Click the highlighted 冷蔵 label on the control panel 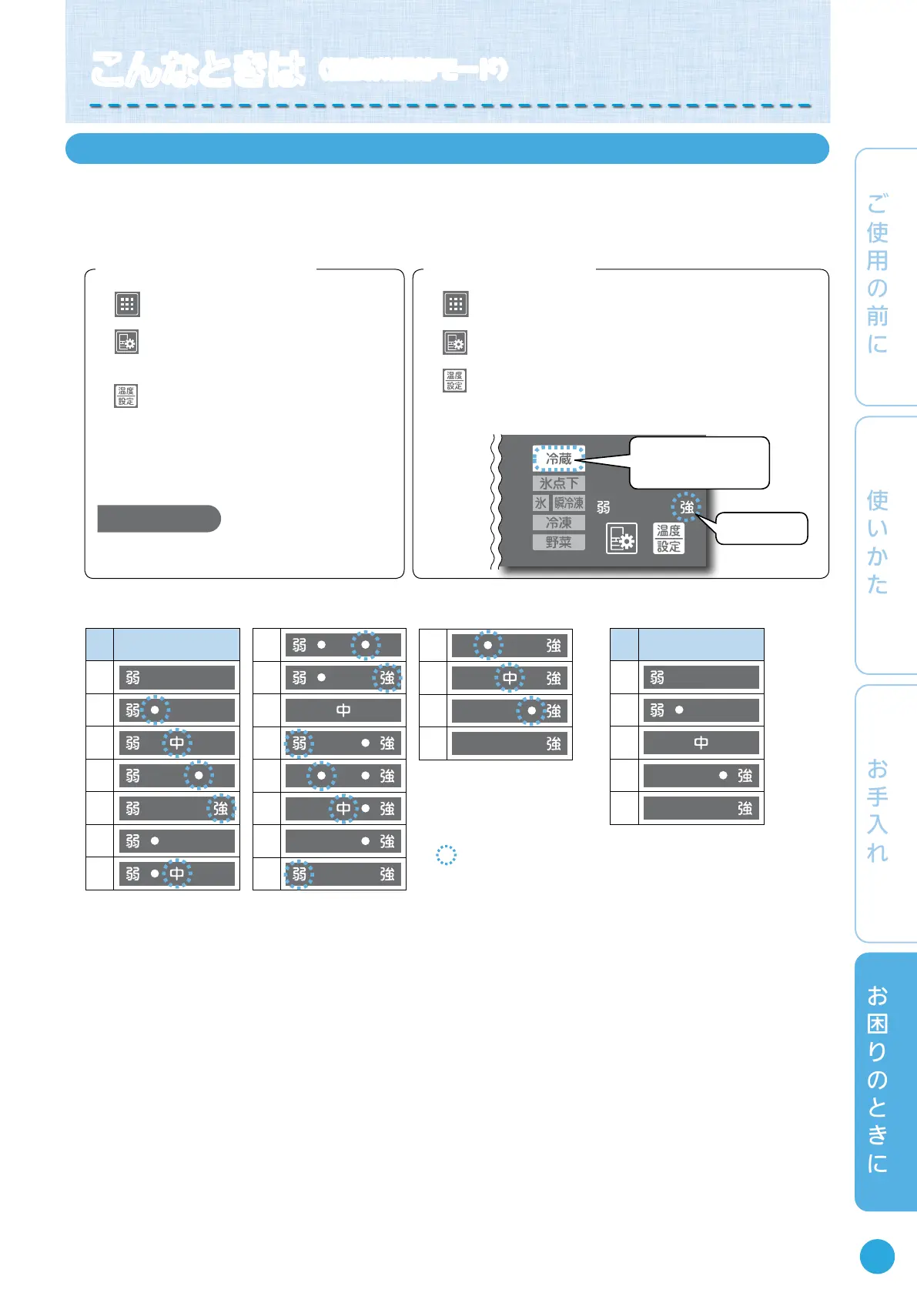pyautogui.click(x=559, y=459)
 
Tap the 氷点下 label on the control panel pyautogui.click(x=559, y=483)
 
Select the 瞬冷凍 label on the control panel pyautogui.click(x=569, y=503)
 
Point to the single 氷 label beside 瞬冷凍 pyautogui.click(x=541, y=503)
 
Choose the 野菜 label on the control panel pyautogui.click(x=559, y=542)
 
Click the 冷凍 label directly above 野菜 pyautogui.click(x=559, y=523)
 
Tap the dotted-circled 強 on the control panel pyautogui.click(x=686, y=507)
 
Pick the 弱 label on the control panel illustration pyautogui.click(x=604, y=507)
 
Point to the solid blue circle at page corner pyautogui.click(x=877, y=1257)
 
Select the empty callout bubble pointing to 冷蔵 pyautogui.click(x=699, y=463)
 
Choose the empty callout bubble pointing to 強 pyautogui.click(x=761, y=529)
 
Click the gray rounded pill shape pyautogui.click(x=159, y=519)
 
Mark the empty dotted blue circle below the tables pyautogui.click(x=447, y=855)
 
